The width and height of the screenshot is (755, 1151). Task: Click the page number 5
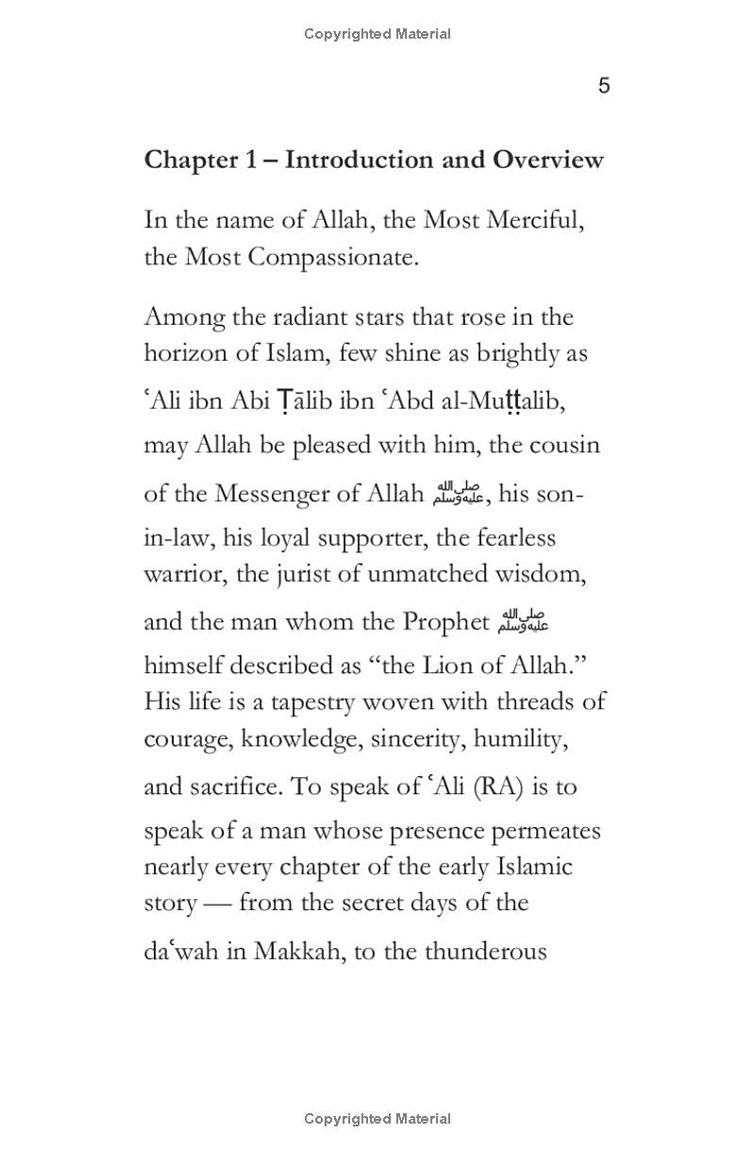[x=604, y=86]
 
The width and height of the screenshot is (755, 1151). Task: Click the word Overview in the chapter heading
[x=547, y=160]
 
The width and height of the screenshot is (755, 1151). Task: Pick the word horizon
[x=180, y=353]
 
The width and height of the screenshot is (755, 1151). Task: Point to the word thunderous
[x=485, y=951]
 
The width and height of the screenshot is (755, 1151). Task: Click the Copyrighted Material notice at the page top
[x=377, y=34]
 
